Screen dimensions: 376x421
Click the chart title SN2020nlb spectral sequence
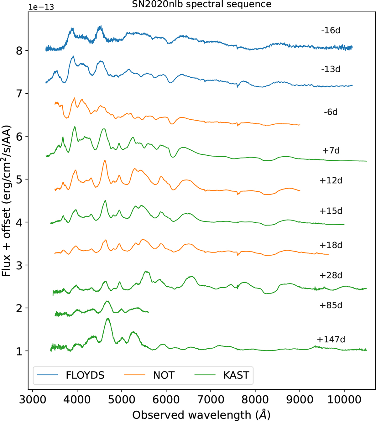[201, 4]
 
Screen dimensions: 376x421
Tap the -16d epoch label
[331, 30]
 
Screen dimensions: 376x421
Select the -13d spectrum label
[331, 69]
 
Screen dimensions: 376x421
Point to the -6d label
[331, 112]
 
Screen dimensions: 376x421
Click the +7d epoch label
[331, 150]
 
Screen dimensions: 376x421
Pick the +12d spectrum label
[331, 180]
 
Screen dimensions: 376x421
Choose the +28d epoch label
[331, 275]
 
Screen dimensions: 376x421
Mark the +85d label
[331, 305]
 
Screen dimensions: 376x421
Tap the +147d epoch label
[331, 340]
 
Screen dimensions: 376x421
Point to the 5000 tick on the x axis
[122, 400]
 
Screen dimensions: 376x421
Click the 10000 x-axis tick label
[344, 400]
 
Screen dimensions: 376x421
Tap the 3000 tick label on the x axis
[32, 400]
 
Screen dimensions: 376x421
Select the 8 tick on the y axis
[19, 50]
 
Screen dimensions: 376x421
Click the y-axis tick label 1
[19, 351]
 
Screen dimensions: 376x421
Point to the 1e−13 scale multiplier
[41, 7]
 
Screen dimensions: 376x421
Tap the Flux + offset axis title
[6, 200]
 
